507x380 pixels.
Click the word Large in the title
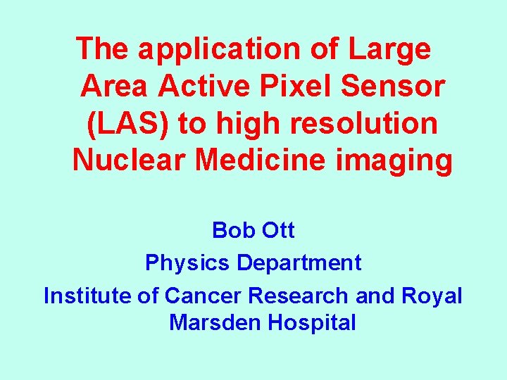[389, 49]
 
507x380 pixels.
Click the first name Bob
[232, 230]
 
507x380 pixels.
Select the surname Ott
[277, 230]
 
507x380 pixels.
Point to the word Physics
[188, 263]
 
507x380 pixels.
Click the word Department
[299, 263]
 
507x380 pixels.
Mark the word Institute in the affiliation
[88, 296]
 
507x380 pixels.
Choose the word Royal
[432, 296]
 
